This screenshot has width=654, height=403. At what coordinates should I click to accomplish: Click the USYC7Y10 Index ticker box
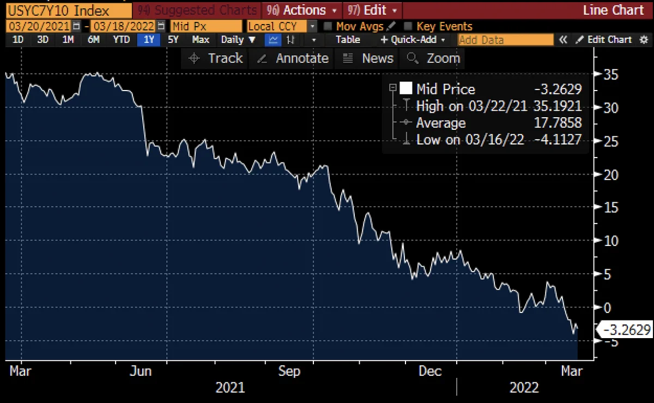pos(69,11)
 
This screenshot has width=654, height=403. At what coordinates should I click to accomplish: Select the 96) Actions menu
pos(301,10)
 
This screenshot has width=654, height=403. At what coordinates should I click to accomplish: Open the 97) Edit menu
pos(372,10)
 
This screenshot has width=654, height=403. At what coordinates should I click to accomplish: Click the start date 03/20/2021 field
pos(39,27)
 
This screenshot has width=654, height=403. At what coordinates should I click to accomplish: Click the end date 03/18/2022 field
pos(123,27)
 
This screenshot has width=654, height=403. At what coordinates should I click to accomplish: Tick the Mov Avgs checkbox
pos(328,27)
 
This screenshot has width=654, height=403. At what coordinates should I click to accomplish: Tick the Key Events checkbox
pos(408,27)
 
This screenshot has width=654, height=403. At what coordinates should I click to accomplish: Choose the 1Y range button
pos(149,40)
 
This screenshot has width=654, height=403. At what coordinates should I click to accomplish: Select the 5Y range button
pos(173,40)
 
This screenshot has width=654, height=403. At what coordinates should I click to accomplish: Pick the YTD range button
pos(121,40)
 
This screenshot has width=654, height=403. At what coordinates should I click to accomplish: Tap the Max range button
pos(201,40)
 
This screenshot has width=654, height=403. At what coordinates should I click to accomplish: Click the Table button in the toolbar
pos(348,40)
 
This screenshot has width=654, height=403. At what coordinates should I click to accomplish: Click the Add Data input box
pos(505,40)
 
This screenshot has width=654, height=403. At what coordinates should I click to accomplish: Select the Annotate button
pos(293,58)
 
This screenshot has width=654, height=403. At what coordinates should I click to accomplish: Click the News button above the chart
pos(367,58)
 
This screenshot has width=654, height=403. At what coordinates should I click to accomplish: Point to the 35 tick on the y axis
pos(611,75)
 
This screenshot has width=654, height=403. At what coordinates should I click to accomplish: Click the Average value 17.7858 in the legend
pos(558,123)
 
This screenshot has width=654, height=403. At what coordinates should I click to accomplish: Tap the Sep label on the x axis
pos(289,371)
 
